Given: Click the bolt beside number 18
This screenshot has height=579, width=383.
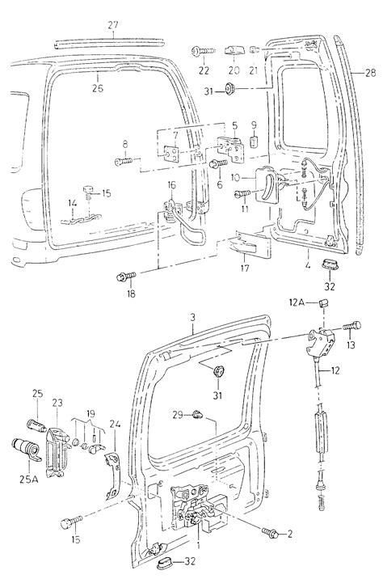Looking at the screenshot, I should (x=126, y=277).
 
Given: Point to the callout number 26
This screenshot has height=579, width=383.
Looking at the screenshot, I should (x=97, y=88).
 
